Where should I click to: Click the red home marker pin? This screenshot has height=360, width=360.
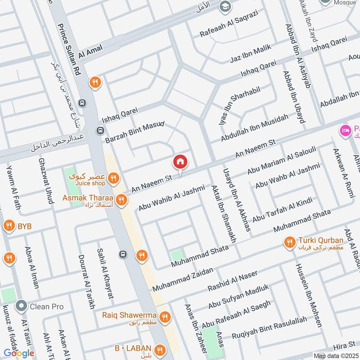180,161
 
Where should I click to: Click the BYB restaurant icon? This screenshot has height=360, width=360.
9,226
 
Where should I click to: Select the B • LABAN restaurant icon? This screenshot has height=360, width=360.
160,349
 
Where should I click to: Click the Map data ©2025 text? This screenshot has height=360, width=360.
336,356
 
